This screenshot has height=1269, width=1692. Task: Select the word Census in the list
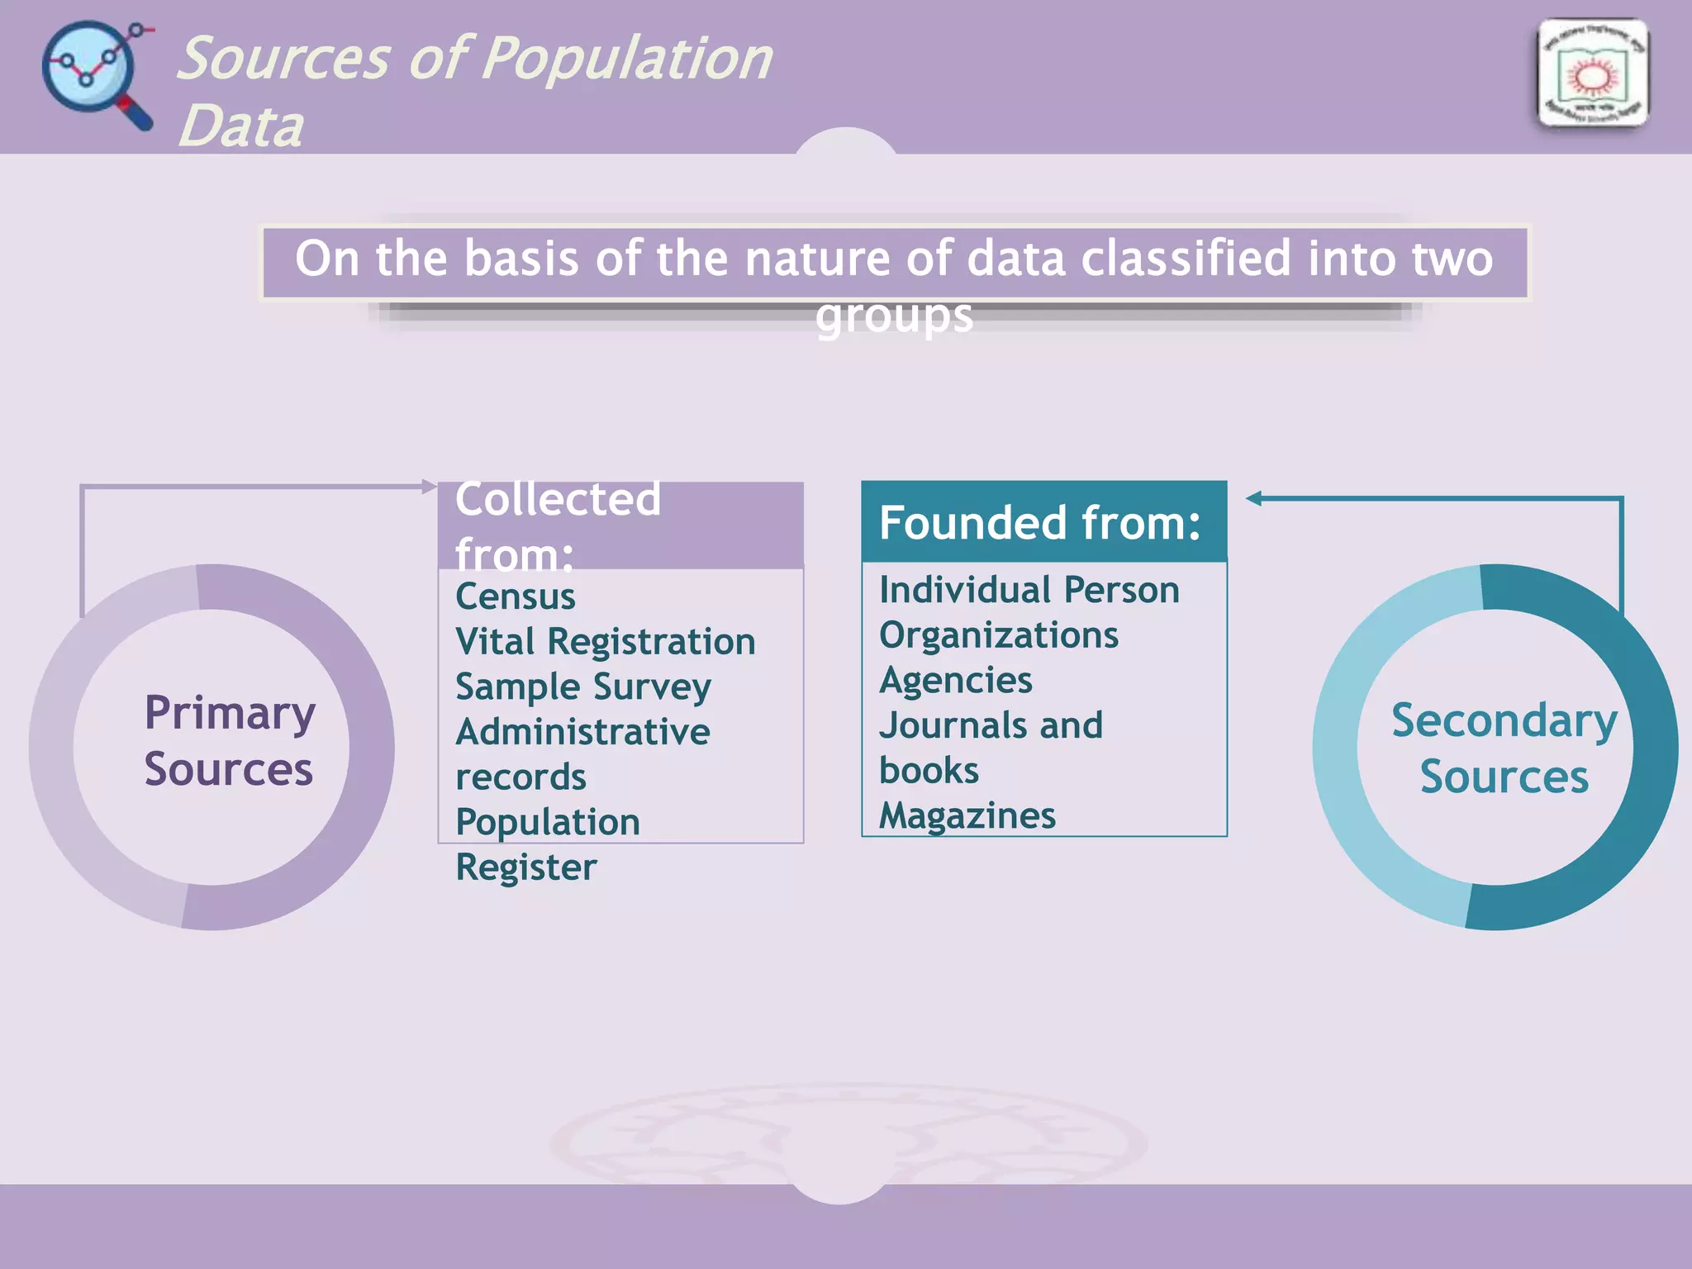click(516, 596)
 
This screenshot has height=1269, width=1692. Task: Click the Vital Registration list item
click(605, 642)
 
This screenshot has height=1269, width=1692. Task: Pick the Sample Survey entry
click(583, 687)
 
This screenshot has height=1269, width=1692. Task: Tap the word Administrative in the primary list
click(582, 732)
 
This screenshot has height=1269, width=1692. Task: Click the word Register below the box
click(526, 867)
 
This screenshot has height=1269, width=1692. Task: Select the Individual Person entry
click(1029, 590)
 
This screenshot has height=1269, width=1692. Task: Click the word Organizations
click(998, 635)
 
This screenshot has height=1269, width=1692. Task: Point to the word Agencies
click(956, 681)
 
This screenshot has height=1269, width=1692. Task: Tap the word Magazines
click(967, 816)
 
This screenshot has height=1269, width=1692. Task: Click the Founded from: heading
click(1039, 523)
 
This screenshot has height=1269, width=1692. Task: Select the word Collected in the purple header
click(558, 499)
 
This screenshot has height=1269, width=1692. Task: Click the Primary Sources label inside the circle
click(229, 740)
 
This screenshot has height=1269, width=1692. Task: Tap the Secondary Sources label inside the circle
click(1504, 749)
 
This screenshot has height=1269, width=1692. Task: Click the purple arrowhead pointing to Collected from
click(429, 486)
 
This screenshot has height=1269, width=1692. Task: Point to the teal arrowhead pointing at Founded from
click(1253, 498)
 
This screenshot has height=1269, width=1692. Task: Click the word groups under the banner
click(894, 317)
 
